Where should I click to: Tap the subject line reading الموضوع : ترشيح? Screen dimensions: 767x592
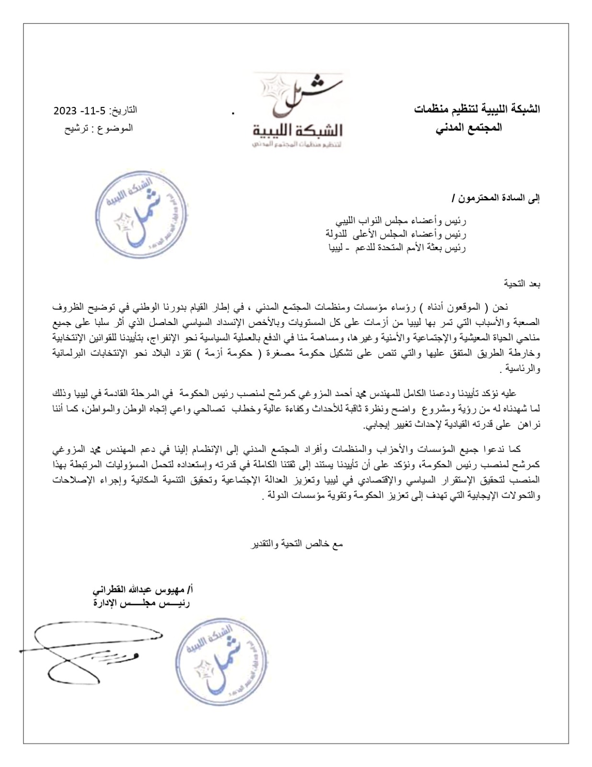tap(99, 128)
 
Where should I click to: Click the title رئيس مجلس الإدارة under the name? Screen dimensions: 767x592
tap(141, 603)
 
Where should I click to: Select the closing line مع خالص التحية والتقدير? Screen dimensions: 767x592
tap(297, 544)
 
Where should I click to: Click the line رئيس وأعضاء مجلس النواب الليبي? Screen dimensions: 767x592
tap(400, 221)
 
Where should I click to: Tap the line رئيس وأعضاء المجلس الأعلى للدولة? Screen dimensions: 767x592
tap(396, 234)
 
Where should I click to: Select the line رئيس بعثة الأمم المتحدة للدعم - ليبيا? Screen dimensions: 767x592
tap(397, 248)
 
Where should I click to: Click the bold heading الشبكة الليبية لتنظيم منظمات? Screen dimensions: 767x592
tap(477, 109)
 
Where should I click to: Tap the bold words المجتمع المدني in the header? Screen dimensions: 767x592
tap(469, 128)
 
